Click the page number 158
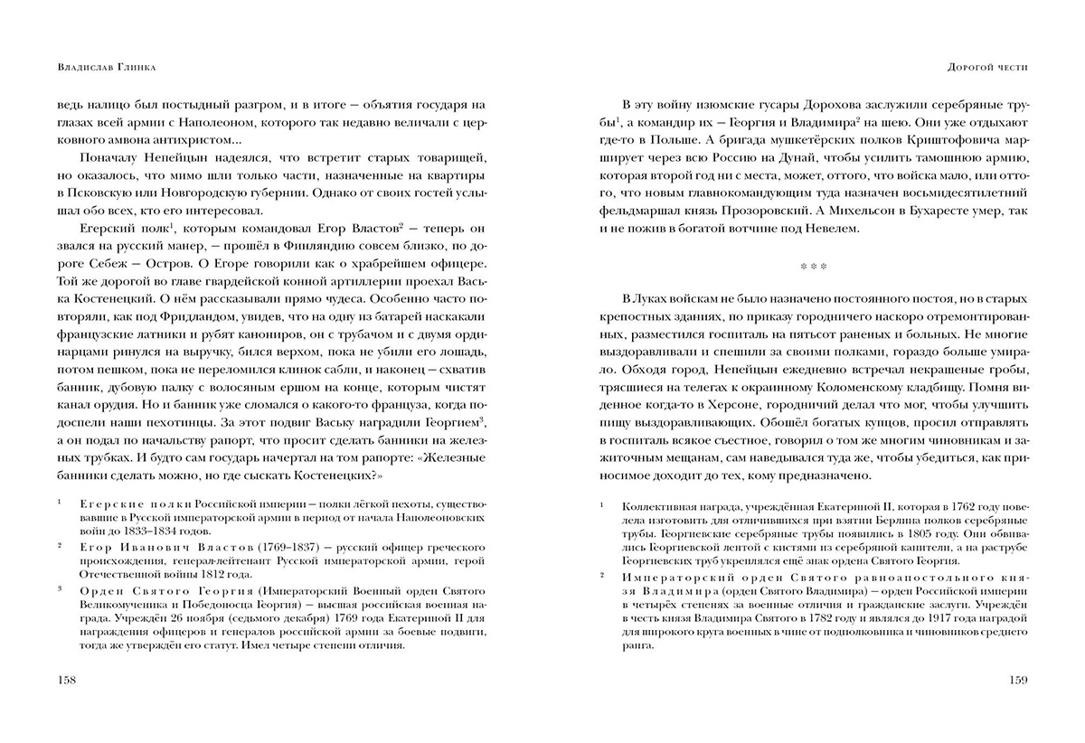(x=67, y=679)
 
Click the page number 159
(x=1015, y=679)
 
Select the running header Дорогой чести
(x=986, y=67)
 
